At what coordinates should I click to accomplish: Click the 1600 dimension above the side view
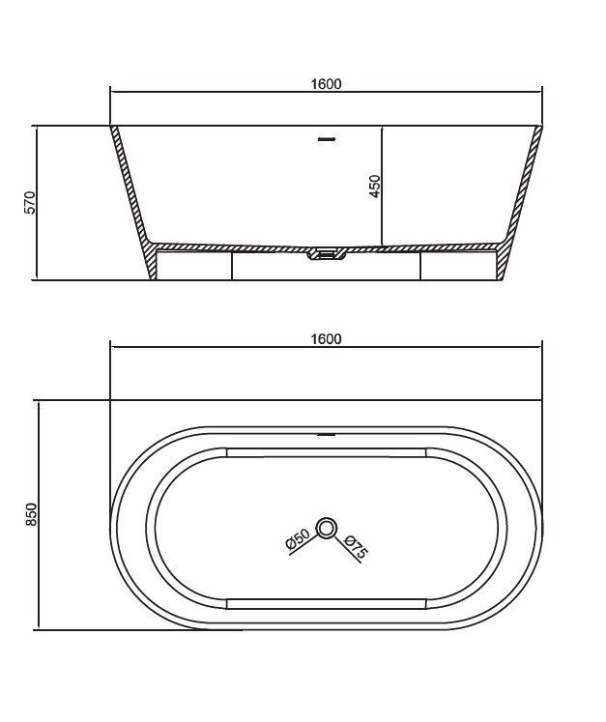click(x=326, y=84)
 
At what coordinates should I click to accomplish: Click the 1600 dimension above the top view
click(x=326, y=339)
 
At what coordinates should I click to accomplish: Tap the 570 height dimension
click(x=29, y=202)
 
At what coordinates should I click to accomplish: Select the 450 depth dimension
click(x=375, y=186)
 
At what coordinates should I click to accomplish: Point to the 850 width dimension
click(x=30, y=515)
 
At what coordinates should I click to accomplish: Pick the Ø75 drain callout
click(x=356, y=546)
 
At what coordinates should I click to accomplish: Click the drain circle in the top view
click(x=327, y=528)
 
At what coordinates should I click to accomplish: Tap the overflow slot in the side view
click(x=327, y=138)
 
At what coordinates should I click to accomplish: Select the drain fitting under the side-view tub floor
click(x=327, y=254)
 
